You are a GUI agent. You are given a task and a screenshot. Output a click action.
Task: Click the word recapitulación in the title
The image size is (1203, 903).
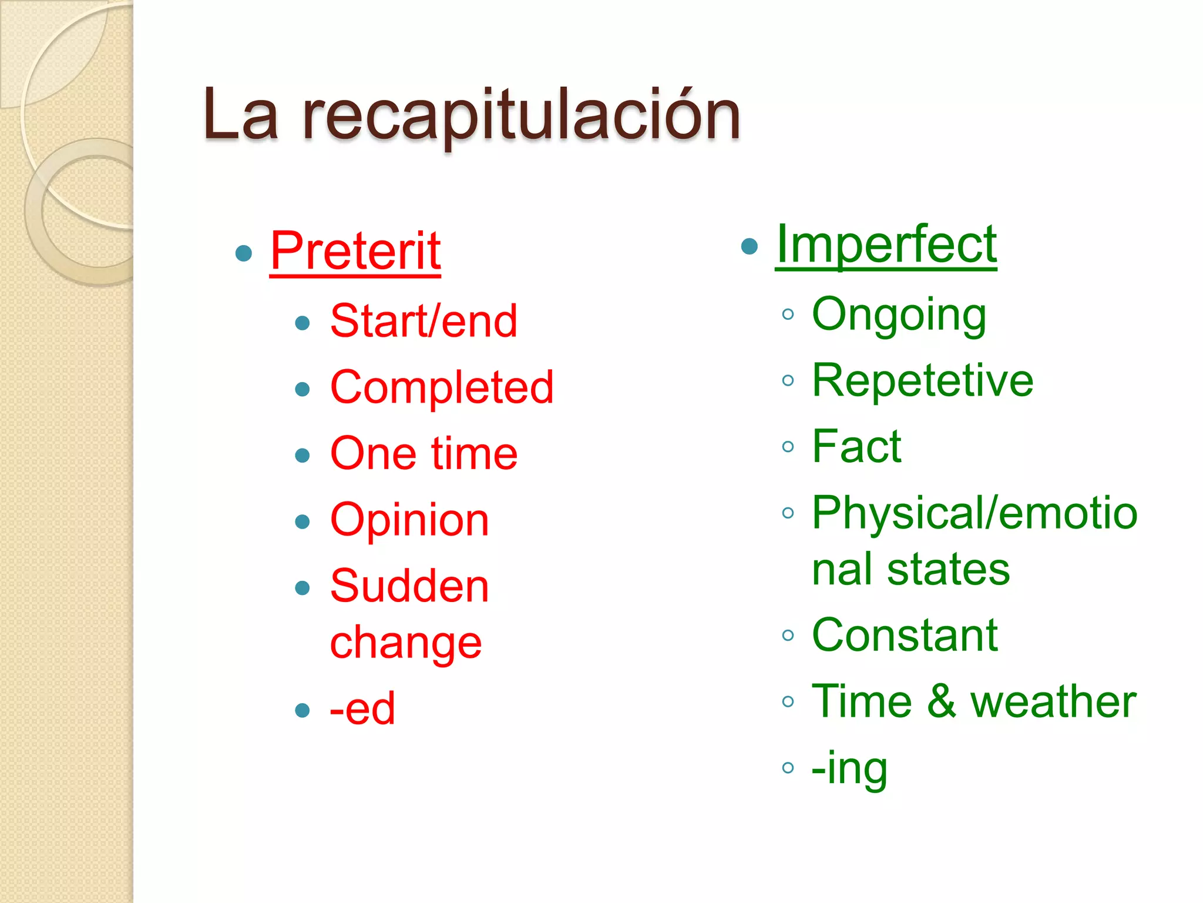(521, 116)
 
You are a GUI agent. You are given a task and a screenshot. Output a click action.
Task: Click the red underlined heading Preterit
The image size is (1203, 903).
(355, 252)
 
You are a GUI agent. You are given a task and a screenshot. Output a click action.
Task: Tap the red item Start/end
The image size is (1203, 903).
(424, 322)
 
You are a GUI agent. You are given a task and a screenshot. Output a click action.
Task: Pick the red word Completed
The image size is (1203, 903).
(442, 387)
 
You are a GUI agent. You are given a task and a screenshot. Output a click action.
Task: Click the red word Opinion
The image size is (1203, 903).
(409, 520)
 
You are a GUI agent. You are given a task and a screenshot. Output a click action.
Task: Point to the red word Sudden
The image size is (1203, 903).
(409, 587)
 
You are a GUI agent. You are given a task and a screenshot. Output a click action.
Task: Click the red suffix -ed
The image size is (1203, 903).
(362, 709)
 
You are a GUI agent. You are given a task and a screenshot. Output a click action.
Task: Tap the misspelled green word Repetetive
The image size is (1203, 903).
(922, 381)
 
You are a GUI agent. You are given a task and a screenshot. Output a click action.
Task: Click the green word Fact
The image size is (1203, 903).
(856, 447)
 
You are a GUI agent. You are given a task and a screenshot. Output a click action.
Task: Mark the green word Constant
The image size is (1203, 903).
(905, 636)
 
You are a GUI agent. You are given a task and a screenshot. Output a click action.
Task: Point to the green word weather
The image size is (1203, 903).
(1053, 702)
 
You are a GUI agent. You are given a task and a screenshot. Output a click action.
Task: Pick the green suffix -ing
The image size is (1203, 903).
(849, 768)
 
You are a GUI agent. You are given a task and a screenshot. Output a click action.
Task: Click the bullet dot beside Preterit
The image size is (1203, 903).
(243, 253)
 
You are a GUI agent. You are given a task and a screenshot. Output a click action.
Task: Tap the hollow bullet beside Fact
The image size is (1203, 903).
(788, 447)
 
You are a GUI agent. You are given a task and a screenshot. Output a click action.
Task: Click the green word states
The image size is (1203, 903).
(948, 570)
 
